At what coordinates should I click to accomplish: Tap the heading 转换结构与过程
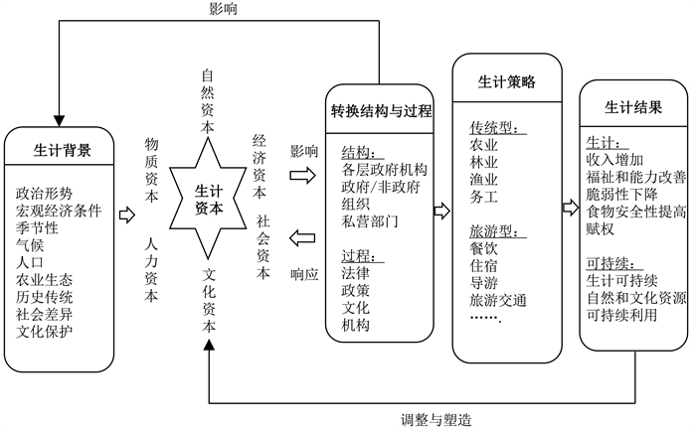pos(381,111)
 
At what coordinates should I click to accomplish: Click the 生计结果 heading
pos(633,106)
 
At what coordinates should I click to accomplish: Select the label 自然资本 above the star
pos(209,100)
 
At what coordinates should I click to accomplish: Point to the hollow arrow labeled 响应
pos(303,237)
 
